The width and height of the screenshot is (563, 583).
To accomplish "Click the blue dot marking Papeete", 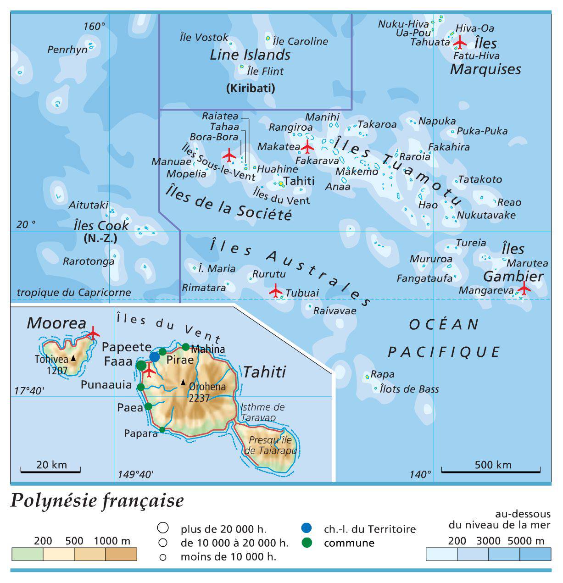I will [155, 357].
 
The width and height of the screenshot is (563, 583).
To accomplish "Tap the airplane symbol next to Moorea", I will [93, 332].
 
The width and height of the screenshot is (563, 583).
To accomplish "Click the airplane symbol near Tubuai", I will [276, 291].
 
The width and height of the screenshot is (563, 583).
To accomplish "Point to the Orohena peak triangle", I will [183, 382].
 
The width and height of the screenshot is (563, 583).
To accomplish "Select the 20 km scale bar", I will [50, 470].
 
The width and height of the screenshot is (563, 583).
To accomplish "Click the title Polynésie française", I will [97, 500].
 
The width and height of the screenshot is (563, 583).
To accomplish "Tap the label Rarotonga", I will [89, 261].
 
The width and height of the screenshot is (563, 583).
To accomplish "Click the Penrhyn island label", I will [67, 50].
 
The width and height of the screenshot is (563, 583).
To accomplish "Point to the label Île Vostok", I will [204, 37].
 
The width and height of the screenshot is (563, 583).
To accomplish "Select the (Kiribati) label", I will [251, 88].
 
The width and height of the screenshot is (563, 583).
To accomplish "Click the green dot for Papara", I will [162, 430].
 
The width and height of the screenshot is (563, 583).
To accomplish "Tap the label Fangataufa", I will [424, 278].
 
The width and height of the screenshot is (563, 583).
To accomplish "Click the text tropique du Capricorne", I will [73, 292].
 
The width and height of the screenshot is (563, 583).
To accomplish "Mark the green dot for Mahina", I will [185, 347].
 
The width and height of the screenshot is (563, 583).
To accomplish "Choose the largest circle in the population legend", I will [162, 527].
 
